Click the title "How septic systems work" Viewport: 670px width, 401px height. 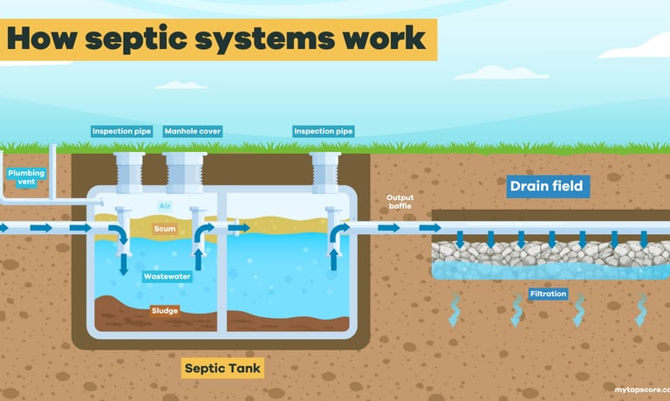point(216,38)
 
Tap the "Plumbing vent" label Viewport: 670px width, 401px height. point(26,177)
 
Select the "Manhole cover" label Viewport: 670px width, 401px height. point(192,132)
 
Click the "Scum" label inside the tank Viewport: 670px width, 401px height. point(164,229)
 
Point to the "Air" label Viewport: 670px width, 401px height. point(164,206)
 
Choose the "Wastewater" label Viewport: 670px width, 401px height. point(167,276)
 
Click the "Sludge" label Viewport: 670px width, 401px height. point(165,310)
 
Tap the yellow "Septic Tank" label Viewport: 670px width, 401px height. point(222,368)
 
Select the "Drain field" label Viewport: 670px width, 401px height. point(546,186)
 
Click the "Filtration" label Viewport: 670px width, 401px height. point(548,294)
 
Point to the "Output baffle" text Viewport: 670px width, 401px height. point(400,202)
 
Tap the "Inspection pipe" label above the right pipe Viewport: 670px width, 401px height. point(324,132)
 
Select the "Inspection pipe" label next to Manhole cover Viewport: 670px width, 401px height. point(122,132)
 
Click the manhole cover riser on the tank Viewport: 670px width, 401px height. point(185,172)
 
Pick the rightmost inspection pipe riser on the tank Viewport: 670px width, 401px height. point(325,172)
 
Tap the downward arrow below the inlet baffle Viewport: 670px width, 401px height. point(123,263)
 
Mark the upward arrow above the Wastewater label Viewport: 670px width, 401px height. point(198,258)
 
